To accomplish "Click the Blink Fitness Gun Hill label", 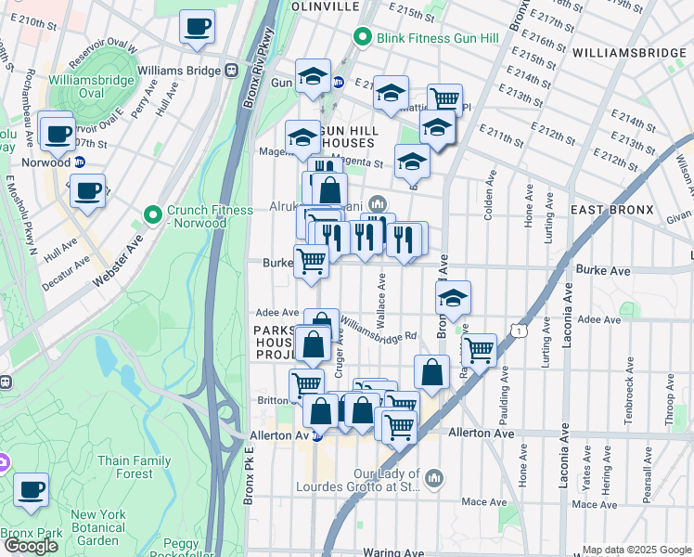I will click(426, 38).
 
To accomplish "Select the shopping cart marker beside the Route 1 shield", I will click(478, 350).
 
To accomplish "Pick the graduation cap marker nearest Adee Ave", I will click(452, 298).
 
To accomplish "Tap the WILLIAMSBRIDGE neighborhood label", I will click(629, 53).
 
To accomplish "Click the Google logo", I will click(31, 546).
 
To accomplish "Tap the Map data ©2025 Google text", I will click(636, 550).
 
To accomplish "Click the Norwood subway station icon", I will click(81, 162).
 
